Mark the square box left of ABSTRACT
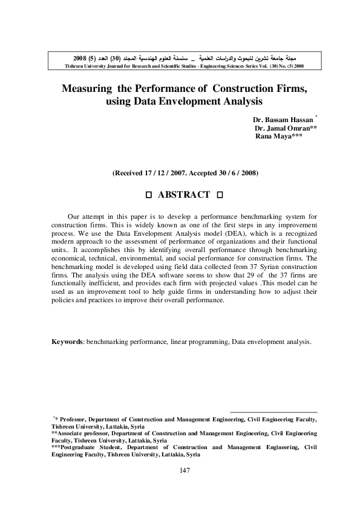(x=148, y=195)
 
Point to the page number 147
(x=185, y=471)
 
